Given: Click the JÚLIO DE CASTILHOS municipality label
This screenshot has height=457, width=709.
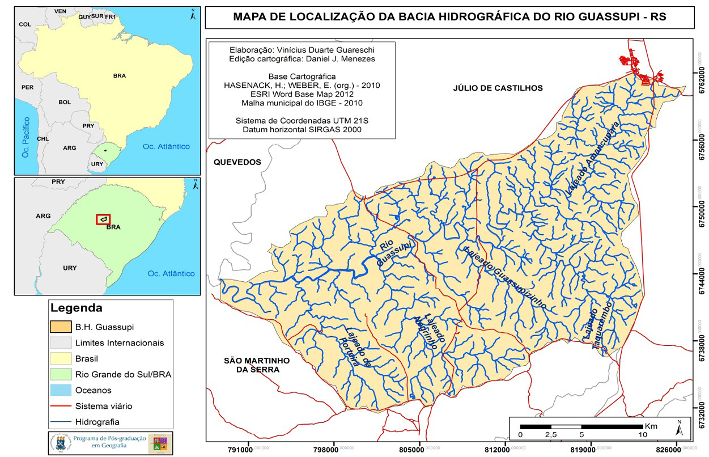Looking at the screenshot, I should [x=498, y=88].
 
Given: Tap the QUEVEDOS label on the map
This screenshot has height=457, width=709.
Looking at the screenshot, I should [x=237, y=162].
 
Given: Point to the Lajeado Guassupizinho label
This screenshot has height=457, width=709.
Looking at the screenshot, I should [x=505, y=277].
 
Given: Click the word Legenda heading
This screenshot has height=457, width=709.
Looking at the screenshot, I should [x=77, y=309].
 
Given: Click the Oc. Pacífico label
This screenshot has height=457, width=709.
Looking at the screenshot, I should [x=25, y=137].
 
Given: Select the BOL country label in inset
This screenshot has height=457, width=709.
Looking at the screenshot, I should [x=65, y=103].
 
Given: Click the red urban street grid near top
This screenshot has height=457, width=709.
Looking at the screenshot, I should [x=640, y=67].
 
